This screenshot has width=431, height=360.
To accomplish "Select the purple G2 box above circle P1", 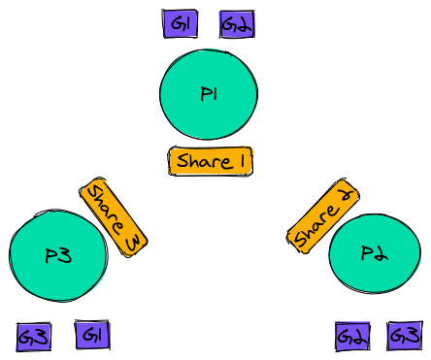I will coord(237,24).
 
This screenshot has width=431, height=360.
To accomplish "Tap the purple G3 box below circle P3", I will coord(34,337).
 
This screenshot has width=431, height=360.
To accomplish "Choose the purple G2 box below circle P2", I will coord(351,337).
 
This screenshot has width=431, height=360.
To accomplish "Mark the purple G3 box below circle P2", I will coord(405,336).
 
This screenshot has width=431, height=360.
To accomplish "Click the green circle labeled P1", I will coord(209,93).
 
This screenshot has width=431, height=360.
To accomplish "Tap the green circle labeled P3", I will coord(58,256).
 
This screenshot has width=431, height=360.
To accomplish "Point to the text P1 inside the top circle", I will coord(209,94).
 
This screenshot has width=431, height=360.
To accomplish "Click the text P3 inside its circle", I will coord(59,256).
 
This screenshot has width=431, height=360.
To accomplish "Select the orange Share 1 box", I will coord(211,162).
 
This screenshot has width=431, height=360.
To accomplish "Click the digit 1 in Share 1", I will coord(240,162).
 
